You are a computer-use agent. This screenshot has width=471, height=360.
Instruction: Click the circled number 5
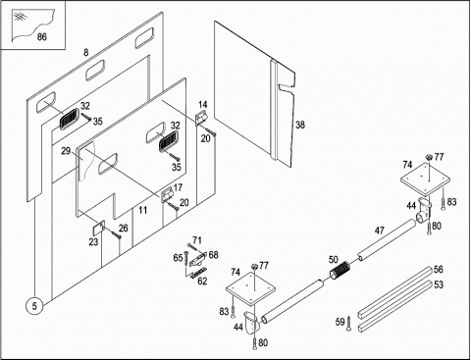(x=34, y=306)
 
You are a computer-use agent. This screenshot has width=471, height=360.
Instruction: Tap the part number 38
(x=300, y=125)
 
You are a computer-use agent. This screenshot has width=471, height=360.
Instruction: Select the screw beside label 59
(x=349, y=323)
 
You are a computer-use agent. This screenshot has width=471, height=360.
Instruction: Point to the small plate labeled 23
(x=98, y=228)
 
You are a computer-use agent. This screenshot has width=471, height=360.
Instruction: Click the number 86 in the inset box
(x=42, y=36)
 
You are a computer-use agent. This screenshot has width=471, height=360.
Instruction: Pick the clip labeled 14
(x=200, y=119)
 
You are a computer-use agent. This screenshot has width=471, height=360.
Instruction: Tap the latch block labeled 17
(x=167, y=194)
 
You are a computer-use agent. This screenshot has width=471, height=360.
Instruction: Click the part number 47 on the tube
(x=379, y=231)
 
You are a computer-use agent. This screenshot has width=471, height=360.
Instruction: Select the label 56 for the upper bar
(x=438, y=270)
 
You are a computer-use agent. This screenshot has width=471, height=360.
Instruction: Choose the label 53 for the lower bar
(x=439, y=284)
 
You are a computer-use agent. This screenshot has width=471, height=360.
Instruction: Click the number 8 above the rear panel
(x=86, y=52)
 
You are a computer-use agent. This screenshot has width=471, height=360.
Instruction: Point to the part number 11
(x=142, y=210)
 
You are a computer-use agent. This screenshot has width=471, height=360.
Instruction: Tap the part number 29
(x=66, y=151)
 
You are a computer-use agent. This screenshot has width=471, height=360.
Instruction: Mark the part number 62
(x=202, y=281)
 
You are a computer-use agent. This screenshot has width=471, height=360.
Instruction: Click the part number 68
(x=213, y=254)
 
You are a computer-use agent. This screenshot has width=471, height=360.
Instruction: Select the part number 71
(x=197, y=240)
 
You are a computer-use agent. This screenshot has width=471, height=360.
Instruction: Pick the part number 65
(x=178, y=258)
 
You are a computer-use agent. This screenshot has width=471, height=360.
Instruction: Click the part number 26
(x=123, y=228)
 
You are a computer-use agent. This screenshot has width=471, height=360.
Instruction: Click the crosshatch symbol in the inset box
(x=19, y=17)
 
